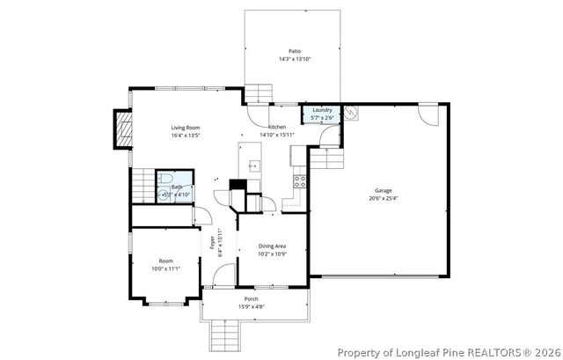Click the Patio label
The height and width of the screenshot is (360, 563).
(294, 52)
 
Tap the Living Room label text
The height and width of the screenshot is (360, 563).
(186, 128)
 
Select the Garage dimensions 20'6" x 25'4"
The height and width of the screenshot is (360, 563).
(383, 198)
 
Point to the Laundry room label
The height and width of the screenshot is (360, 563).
(322, 110)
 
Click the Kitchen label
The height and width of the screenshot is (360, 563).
(277, 128)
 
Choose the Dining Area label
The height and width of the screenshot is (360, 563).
(272, 246)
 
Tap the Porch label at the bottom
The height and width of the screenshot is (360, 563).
(252, 299)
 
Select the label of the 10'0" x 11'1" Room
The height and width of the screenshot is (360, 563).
(165, 261)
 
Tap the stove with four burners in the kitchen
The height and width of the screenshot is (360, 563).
(299, 182)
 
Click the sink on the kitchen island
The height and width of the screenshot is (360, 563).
(252, 165)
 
